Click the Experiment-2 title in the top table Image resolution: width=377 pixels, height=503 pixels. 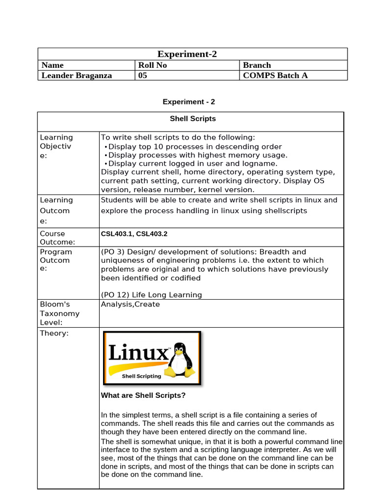187,54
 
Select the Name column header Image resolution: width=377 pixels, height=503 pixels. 53,65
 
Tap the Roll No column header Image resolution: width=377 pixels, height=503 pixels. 153,65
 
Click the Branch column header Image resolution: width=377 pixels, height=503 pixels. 257,65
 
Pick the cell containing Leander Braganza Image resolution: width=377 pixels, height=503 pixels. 77,75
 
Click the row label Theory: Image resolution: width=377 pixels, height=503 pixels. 54,334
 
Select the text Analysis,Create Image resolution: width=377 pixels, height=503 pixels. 130,304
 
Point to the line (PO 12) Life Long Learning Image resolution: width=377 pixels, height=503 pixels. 151,295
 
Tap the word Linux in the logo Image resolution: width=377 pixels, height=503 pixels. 138,353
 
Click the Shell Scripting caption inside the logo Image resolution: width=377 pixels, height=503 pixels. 141,376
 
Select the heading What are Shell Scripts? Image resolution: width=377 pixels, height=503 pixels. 143,395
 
